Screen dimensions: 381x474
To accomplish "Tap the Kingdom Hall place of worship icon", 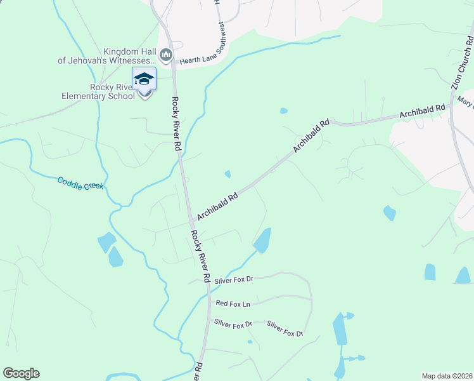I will pyautogui.click(x=166, y=55).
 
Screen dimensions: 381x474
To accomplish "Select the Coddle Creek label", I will pyautogui.click(x=80, y=184).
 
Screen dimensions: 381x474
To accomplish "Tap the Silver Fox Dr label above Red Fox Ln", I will pyautogui.click(x=233, y=279).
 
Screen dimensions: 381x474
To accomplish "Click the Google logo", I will pyautogui.click(x=21, y=373).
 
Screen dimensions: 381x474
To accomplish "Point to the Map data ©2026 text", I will pyautogui.click(x=447, y=376).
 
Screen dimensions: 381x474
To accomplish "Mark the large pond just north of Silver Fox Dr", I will pyautogui.click(x=262, y=241).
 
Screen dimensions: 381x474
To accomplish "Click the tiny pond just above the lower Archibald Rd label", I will pyautogui.click(x=227, y=174).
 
